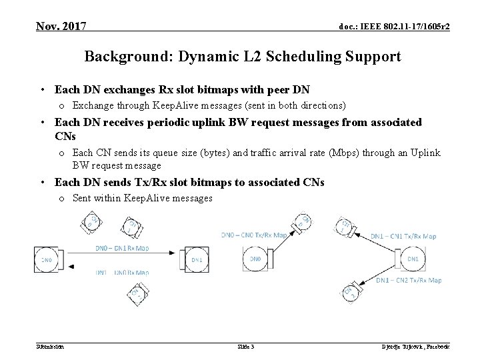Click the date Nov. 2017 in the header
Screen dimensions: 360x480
tap(61, 27)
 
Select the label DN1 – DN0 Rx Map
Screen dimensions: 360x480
tap(122, 272)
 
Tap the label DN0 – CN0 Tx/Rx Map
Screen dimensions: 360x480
tap(255, 234)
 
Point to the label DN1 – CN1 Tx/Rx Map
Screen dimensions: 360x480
tap(404, 236)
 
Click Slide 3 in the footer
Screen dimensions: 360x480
tap(246, 347)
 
